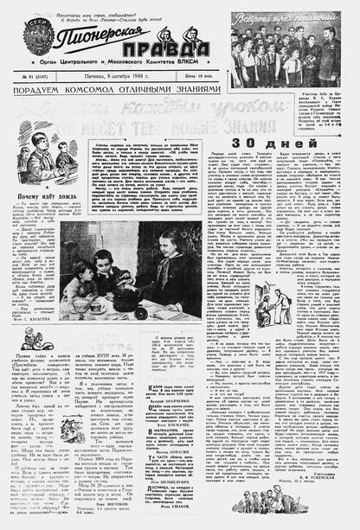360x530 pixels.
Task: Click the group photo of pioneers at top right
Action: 294,53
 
